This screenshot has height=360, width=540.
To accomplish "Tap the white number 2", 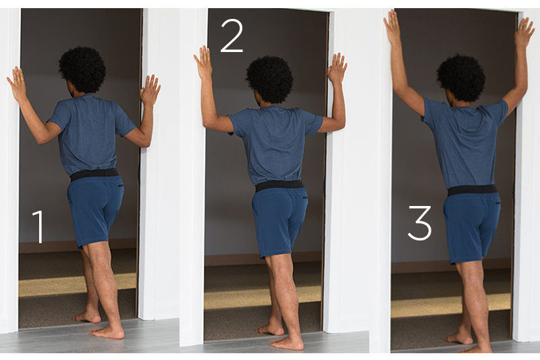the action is point(232,36).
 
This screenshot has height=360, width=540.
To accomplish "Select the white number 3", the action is point(420,222).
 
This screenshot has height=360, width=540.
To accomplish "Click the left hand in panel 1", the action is point(17,84).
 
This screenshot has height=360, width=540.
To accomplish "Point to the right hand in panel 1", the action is point(149,91).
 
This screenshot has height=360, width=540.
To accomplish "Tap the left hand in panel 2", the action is point(203,62).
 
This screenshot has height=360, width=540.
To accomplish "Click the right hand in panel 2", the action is point(337,68).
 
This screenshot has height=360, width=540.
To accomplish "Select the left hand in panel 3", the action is point(393,27).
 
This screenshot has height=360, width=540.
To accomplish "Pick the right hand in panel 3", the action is point(524,33).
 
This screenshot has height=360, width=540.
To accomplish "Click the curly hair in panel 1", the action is point(82,70).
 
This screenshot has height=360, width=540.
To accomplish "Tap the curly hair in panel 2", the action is point(269,79).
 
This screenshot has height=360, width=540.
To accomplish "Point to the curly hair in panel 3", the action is point(461,78).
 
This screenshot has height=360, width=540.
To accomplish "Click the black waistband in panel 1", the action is point(94,174).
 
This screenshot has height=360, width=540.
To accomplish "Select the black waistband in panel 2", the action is point(279,185).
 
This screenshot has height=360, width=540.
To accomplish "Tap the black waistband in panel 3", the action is point(473,190).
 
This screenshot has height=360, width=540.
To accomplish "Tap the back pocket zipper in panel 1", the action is point(120,186).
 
